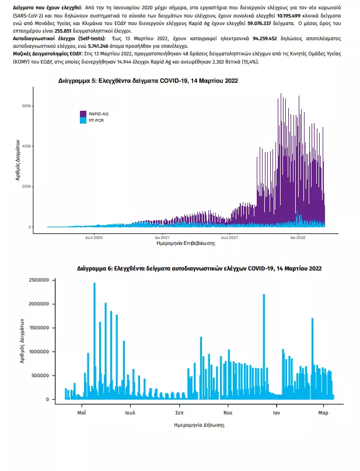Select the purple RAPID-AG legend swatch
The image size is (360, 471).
point(84,114)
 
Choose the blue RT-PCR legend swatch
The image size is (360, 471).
point(84,120)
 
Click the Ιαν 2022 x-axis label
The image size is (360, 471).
point(298,238)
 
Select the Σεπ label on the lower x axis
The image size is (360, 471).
point(180,412)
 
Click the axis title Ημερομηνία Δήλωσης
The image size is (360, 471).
point(199,425)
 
